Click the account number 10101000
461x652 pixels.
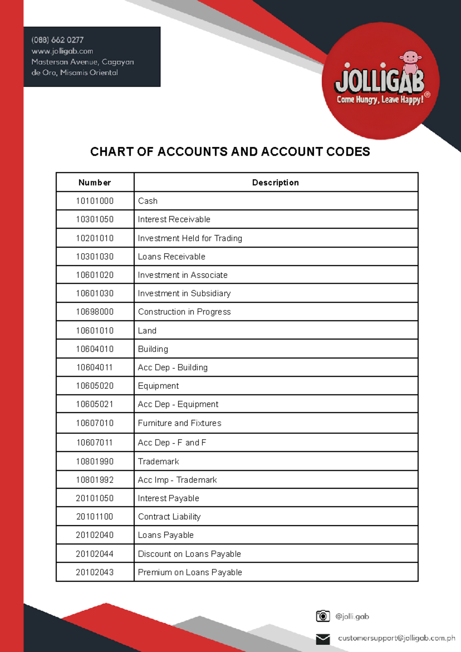coord(95,201)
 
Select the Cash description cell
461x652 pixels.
coord(148,201)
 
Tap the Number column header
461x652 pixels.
coord(95,182)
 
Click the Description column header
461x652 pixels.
coord(275,182)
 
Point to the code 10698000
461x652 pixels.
coord(95,312)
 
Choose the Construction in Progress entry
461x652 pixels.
coord(184,312)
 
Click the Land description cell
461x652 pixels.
coord(147,330)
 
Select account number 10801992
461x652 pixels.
coord(95,480)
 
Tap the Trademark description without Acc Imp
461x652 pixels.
coord(158,461)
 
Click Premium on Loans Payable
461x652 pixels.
coord(190,572)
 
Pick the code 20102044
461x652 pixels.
coord(95,554)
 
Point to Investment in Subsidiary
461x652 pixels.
coord(184,294)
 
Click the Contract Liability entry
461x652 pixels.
coord(169,517)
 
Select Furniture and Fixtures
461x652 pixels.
coord(179,423)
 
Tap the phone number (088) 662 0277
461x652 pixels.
coord(57,40)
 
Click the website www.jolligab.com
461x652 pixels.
coord(62,51)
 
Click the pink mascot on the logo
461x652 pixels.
coord(411,61)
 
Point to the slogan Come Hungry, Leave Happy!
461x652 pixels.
coord(380,100)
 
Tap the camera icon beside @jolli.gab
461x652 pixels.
coord(323,616)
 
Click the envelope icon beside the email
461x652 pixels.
coord(323,639)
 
